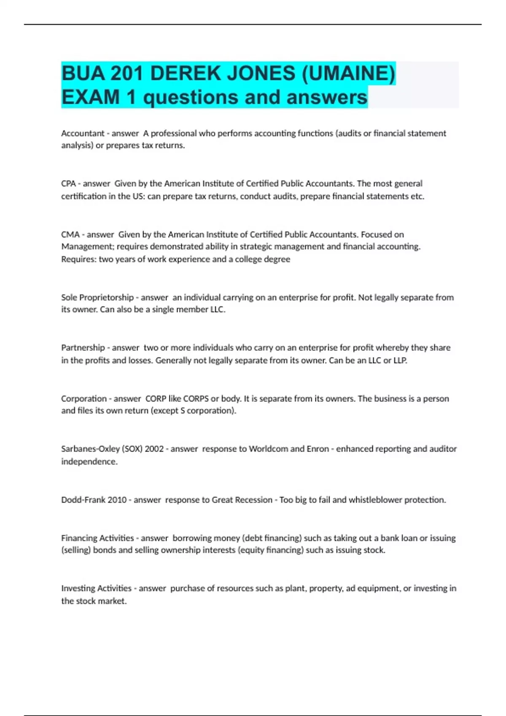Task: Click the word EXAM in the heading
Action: click(90, 97)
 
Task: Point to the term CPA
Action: click(68, 184)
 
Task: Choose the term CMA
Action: click(70, 234)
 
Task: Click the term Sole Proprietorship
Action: click(97, 297)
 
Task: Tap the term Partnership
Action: click(83, 347)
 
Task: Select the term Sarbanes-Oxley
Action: click(90, 449)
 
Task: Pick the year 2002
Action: click(154, 449)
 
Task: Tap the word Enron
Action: click(318, 449)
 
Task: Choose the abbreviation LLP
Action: click(400, 360)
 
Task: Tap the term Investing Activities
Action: click(96, 588)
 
